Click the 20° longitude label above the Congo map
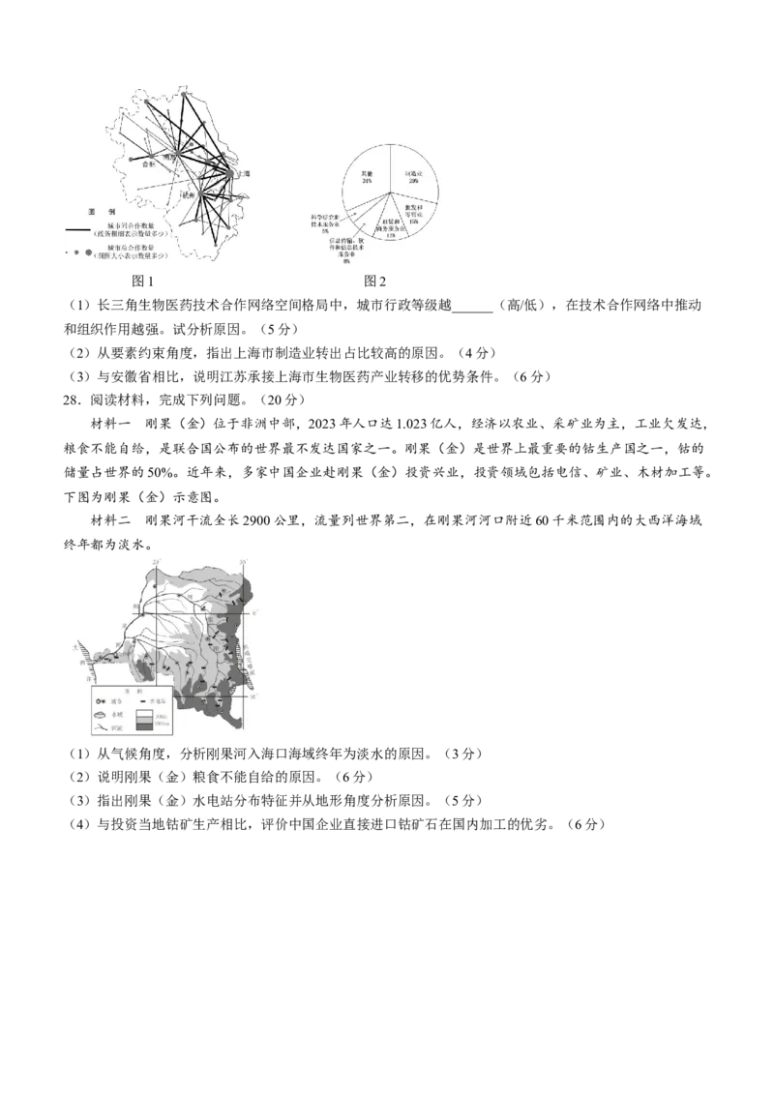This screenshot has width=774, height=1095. pos(158,559)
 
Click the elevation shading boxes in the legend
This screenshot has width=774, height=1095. pos(143,721)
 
